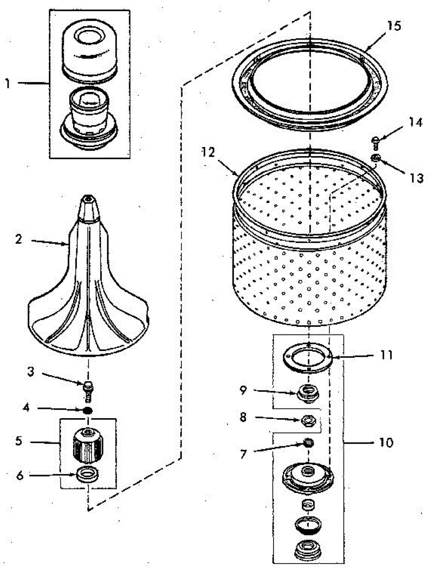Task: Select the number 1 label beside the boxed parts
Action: tap(7, 83)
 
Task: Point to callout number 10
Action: tap(387, 442)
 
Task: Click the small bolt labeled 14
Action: tap(375, 142)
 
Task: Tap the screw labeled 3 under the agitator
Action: tap(88, 389)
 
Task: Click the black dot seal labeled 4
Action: tap(88, 410)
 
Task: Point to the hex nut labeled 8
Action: tap(307, 420)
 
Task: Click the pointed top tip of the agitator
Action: tap(87, 198)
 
